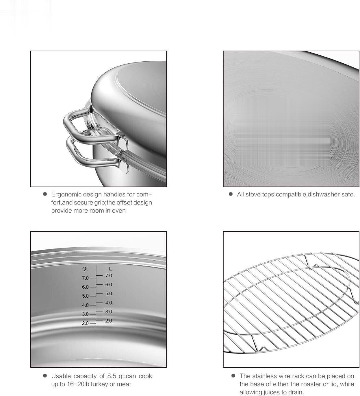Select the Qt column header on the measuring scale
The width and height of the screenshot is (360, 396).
(x=85, y=269)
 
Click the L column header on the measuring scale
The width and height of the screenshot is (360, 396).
(x=110, y=269)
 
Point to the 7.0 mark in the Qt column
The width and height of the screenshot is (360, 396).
(x=85, y=278)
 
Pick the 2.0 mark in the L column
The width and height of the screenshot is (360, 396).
(x=109, y=321)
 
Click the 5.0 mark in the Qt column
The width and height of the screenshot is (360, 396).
(x=85, y=296)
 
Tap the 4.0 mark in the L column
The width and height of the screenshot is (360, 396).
(x=109, y=303)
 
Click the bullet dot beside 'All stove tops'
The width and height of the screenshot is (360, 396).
(x=231, y=194)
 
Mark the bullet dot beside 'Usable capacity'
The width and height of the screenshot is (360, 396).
(x=45, y=376)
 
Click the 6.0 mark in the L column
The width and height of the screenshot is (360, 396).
(x=109, y=284)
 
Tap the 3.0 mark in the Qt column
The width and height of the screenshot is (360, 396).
(x=85, y=314)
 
